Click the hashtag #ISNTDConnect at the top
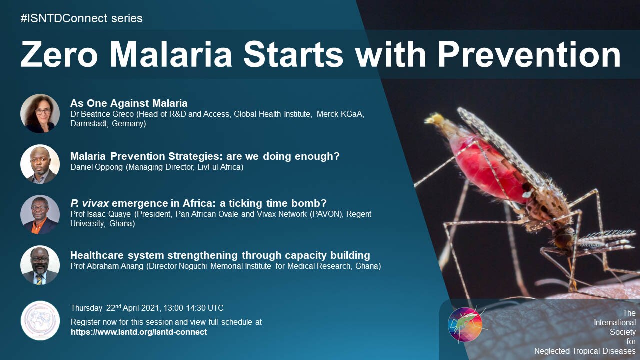(64, 18)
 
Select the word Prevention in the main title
(529, 54)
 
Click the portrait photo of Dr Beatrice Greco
(40, 113)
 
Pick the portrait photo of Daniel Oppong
(40, 164)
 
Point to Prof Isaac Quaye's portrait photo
(40, 215)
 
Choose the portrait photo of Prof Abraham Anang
(40, 265)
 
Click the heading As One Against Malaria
(129, 103)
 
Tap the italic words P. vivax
(89, 203)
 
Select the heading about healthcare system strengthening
(220, 255)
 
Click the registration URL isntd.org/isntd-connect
(139, 332)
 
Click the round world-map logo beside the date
(40, 320)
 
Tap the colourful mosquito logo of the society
(465, 325)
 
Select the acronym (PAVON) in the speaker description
(327, 214)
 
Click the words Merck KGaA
(340, 114)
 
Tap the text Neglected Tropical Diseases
(585, 351)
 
